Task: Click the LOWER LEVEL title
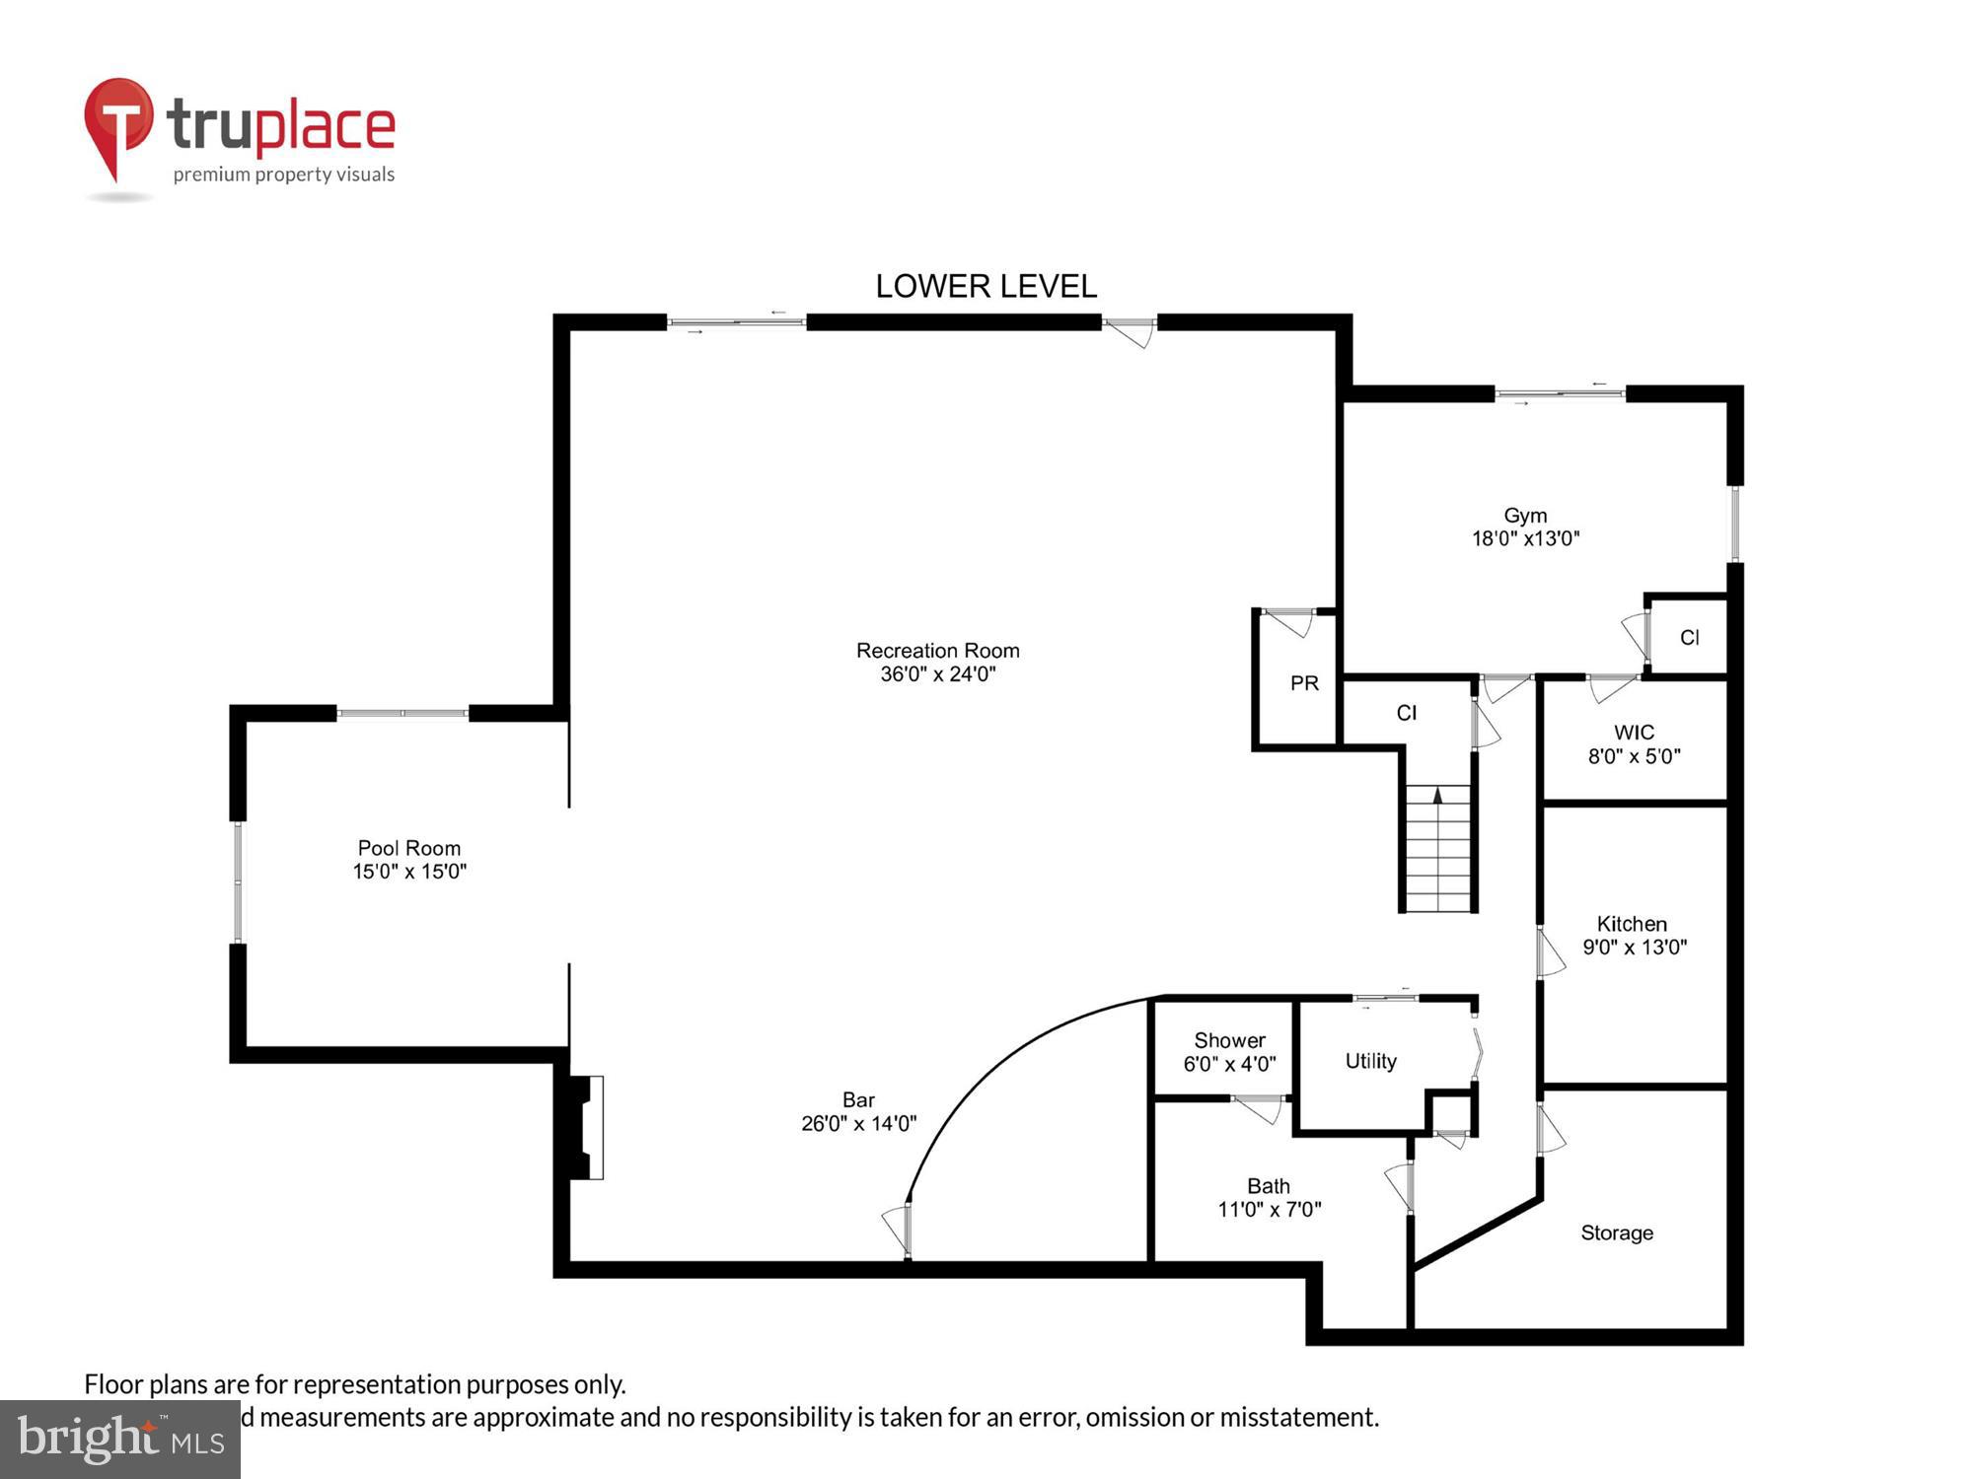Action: click(986, 286)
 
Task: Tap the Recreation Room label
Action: click(937, 651)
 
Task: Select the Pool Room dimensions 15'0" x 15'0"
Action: click(409, 872)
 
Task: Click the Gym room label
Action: click(1525, 516)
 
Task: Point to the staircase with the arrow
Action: click(1438, 848)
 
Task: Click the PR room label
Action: click(1304, 683)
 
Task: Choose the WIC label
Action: click(1634, 733)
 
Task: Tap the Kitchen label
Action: click(1632, 924)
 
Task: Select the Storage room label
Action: click(1616, 1232)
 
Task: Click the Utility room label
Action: click(1370, 1061)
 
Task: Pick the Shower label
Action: click(1229, 1040)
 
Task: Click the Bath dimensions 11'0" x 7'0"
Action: click(1269, 1210)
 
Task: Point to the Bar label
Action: click(858, 1099)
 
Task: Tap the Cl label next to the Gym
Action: click(1689, 638)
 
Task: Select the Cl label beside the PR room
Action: click(1407, 713)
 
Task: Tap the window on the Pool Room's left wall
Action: click(238, 881)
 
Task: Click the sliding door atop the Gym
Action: click(1559, 394)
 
